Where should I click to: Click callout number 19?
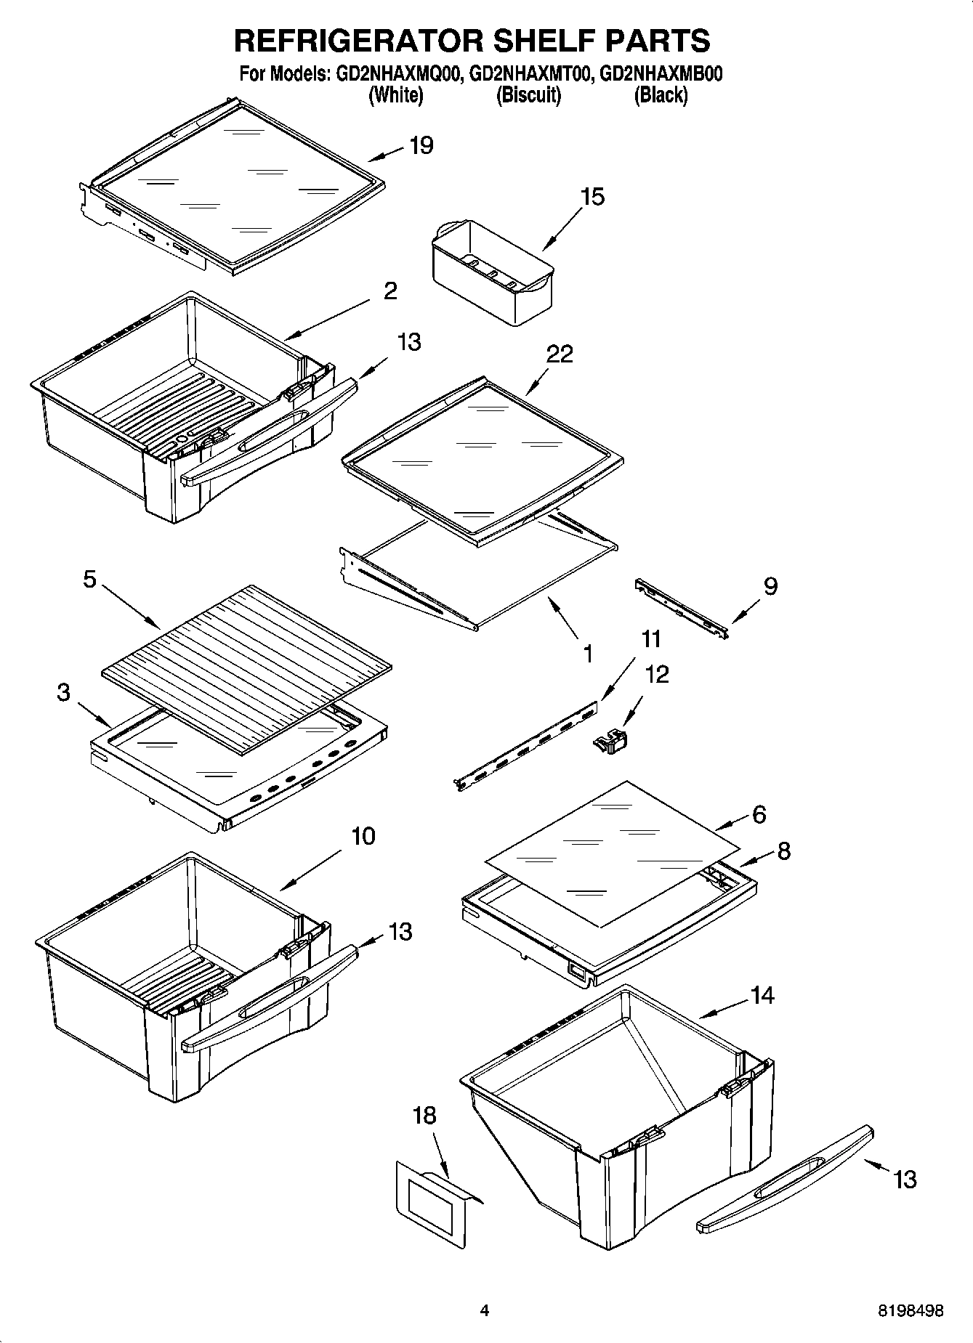(x=421, y=145)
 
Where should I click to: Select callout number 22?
(x=560, y=354)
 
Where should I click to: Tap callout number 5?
(x=89, y=581)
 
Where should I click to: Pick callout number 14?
(x=762, y=995)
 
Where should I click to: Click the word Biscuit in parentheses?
(x=528, y=95)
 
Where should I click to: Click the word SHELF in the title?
(x=542, y=41)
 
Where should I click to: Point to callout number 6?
(x=759, y=815)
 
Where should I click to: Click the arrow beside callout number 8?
(x=751, y=860)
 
